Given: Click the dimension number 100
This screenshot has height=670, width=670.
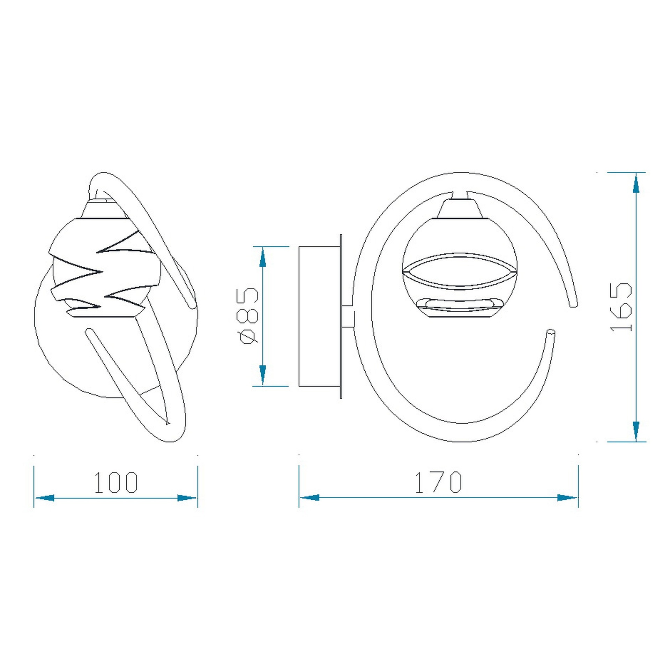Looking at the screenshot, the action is (117, 483).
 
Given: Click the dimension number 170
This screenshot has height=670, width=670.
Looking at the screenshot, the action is (439, 483).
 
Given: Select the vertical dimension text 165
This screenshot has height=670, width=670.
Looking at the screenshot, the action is (621, 307).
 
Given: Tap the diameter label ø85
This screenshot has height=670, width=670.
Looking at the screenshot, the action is (249, 316).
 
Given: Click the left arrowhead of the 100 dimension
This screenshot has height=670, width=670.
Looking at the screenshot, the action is (45, 498).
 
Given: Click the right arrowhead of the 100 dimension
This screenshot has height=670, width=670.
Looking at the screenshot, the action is (187, 498).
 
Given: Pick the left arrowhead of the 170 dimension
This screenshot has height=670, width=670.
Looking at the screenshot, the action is (310, 498).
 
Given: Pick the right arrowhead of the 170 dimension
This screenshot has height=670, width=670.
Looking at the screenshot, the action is (567, 498).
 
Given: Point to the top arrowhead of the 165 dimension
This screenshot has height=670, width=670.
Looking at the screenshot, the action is (636, 183).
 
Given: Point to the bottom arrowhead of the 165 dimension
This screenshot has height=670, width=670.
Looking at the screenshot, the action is (636, 431).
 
